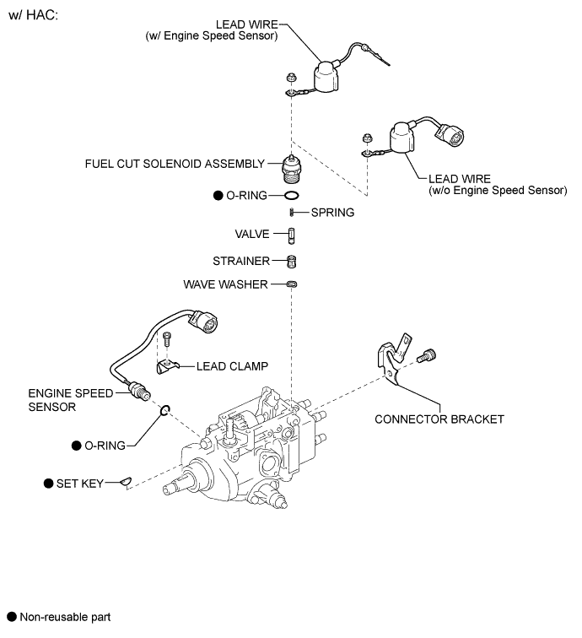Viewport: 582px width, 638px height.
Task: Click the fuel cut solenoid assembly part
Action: pyautogui.click(x=291, y=169)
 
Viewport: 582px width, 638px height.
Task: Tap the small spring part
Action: pyautogui.click(x=292, y=213)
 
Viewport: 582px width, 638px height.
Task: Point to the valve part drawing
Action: pyautogui.click(x=291, y=235)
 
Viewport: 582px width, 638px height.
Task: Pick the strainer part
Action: pyautogui.click(x=292, y=262)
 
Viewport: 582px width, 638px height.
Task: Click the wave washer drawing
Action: pyautogui.click(x=292, y=284)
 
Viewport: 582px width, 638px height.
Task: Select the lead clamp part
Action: pyautogui.click(x=167, y=366)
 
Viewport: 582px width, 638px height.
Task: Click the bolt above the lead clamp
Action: pyautogui.click(x=166, y=338)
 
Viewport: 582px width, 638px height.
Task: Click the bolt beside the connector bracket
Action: pyautogui.click(x=426, y=355)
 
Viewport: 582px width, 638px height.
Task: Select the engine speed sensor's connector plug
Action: pyautogui.click(x=203, y=321)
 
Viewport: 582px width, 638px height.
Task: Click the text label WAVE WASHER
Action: pyautogui.click(x=225, y=284)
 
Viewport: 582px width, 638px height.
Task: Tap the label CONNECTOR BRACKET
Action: pyautogui.click(x=439, y=419)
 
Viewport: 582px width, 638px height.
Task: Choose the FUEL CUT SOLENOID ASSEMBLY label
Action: pyautogui.click(x=175, y=164)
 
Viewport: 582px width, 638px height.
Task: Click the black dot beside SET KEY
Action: pyautogui.click(x=48, y=484)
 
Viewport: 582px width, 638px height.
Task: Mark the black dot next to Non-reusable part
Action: pyautogui.click(x=12, y=617)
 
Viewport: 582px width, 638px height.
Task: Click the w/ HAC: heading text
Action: pyautogui.click(x=34, y=15)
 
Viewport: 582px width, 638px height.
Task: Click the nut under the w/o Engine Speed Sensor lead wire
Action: pyautogui.click(x=367, y=138)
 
